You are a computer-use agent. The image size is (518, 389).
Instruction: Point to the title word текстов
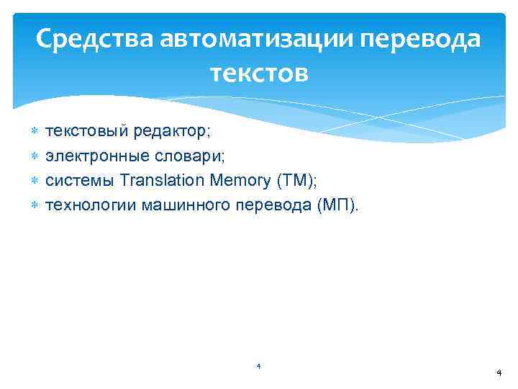(x=259, y=73)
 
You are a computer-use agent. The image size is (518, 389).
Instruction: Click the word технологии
(x=91, y=205)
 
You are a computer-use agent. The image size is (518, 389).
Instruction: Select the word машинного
(x=186, y=205)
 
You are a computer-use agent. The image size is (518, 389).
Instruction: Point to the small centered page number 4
(x=258, y=367)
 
